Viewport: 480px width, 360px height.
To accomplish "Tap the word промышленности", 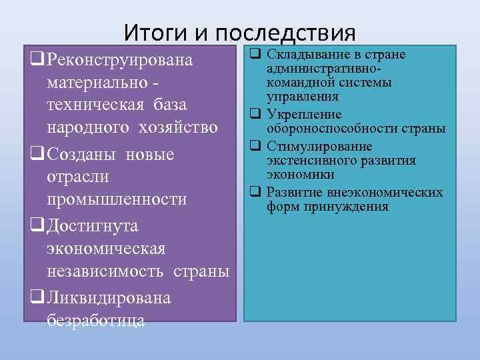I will (117, 200).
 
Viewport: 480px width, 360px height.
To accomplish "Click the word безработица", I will (96, 320).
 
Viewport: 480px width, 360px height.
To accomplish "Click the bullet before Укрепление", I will (254, 114).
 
